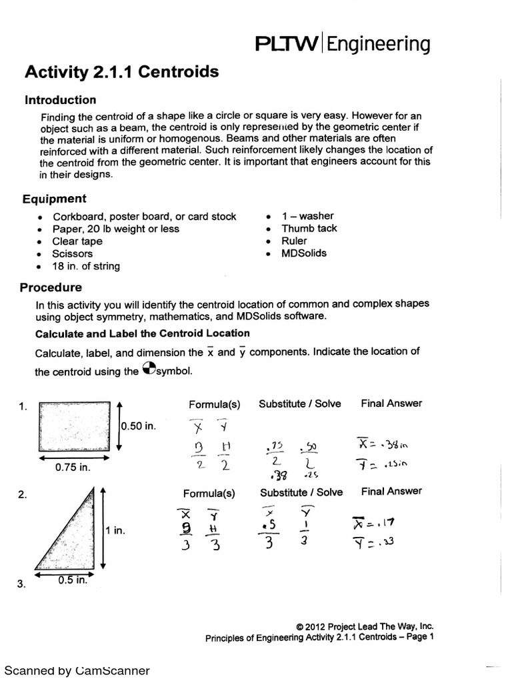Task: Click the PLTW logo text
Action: coord(287,45)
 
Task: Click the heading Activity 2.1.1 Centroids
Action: coord(121,72)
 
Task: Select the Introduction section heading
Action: coord(60,100)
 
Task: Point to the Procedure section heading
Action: coord(53,287)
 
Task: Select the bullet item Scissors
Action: coord(73,253)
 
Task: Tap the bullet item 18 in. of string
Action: coord(87,266)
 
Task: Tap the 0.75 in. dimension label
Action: coord(73,468)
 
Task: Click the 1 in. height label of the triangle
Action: coord(115,531)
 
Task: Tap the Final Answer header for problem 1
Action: coord(391,403)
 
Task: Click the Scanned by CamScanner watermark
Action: coord(77,670)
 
